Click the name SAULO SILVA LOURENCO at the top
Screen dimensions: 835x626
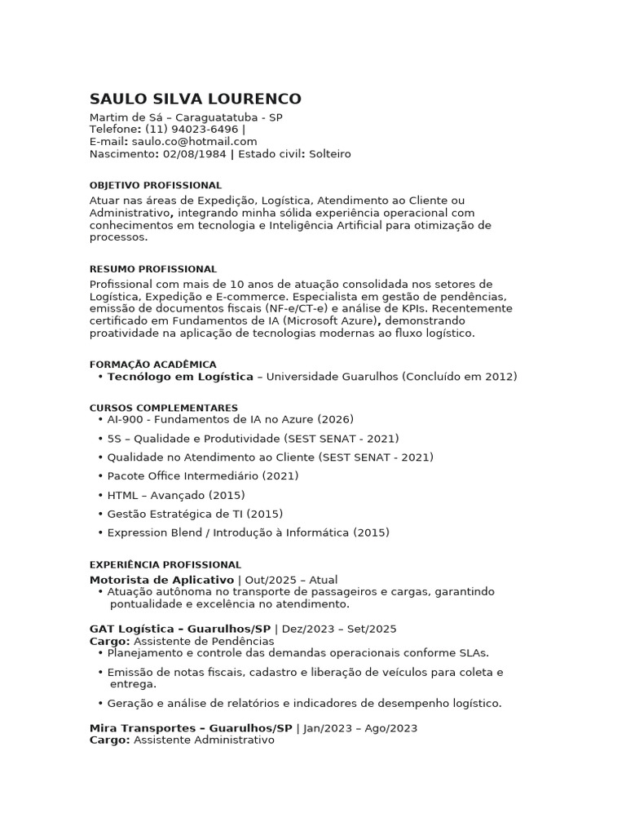coord(195,99)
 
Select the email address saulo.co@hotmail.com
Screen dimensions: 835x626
coord(194,141)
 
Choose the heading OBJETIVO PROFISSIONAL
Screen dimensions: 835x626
coord(155,186)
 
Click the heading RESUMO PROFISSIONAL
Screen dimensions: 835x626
coord(152,269)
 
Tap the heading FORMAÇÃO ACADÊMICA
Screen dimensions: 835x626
coord(152,364)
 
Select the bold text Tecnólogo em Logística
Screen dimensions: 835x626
coord(180,377)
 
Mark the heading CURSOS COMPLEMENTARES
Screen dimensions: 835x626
coord(163,408)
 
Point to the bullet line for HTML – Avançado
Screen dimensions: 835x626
coord(175,495)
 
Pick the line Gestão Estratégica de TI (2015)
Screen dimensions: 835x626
coord(195,514)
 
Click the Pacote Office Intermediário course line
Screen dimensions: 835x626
coord(202,476)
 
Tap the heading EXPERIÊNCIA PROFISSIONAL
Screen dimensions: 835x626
coord(165,564)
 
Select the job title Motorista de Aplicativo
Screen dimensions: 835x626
coord(161,580)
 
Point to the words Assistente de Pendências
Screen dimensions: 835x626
coord(204,641)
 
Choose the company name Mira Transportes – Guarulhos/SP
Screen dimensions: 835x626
coord(191,728)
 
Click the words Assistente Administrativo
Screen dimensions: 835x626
coord(204,740)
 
